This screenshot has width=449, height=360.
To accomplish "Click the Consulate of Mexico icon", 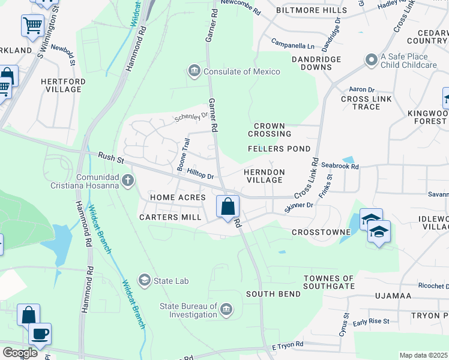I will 194,71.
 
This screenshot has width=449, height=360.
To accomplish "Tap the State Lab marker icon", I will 144,280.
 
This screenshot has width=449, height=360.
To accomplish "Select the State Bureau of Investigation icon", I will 226,310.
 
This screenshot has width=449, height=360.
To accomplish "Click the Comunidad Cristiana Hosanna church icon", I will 127,181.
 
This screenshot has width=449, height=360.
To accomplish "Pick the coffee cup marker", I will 40,334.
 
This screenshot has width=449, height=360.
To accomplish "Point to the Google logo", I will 20,353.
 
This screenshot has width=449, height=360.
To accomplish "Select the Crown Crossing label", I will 269,130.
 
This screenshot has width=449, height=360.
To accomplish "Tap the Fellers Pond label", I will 279,149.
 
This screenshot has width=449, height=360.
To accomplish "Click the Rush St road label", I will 110,158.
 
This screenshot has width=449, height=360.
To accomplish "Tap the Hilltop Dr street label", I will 200,175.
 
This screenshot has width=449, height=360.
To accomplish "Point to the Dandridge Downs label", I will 316,63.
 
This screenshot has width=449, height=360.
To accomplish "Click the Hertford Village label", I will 61,85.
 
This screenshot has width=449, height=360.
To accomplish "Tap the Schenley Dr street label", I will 191,116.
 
